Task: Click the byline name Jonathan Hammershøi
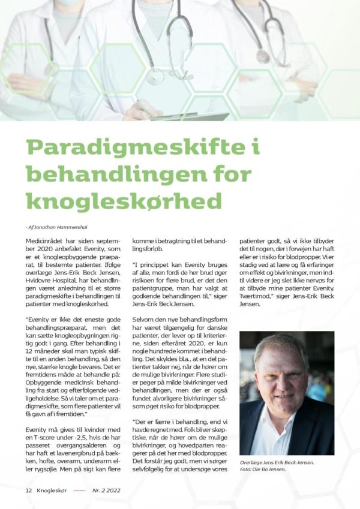pyautogui.click(x=58, y=227)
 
